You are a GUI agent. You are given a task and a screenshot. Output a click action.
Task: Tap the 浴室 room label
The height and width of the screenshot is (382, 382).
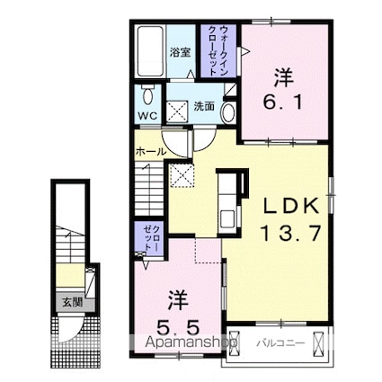coord(180,52)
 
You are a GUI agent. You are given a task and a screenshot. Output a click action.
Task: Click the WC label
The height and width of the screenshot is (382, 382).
coord(147,117)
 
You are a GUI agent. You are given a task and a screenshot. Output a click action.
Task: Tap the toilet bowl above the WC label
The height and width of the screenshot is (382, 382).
coord(147,96)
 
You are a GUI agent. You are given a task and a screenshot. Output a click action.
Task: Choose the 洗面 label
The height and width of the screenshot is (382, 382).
coord(204,106)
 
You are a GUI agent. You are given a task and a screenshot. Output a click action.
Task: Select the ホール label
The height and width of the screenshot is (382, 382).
coord(150,152)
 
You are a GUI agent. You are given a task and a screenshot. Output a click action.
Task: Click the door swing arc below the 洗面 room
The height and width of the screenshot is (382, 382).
coord(203,137)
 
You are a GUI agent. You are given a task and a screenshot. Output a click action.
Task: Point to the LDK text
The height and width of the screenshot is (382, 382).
coord(289,207)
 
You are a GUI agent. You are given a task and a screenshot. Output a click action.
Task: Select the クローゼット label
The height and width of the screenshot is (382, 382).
coord(148,238)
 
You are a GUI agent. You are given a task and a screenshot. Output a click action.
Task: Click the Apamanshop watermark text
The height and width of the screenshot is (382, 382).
coord(184,343)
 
